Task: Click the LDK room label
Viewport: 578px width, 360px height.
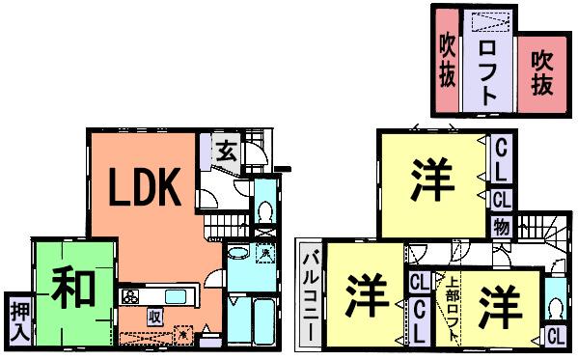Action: click(144, 189)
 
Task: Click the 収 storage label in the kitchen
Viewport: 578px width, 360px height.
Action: click(153, 317)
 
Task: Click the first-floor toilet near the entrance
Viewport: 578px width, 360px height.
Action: click(265, 210)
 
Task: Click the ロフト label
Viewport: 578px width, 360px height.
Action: click(488, 69)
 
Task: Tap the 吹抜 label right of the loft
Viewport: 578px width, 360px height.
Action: click(542, 72)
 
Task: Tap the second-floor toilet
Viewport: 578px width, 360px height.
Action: click(555, 308)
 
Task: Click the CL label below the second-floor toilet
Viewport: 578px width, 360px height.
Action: click(555, 337)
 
